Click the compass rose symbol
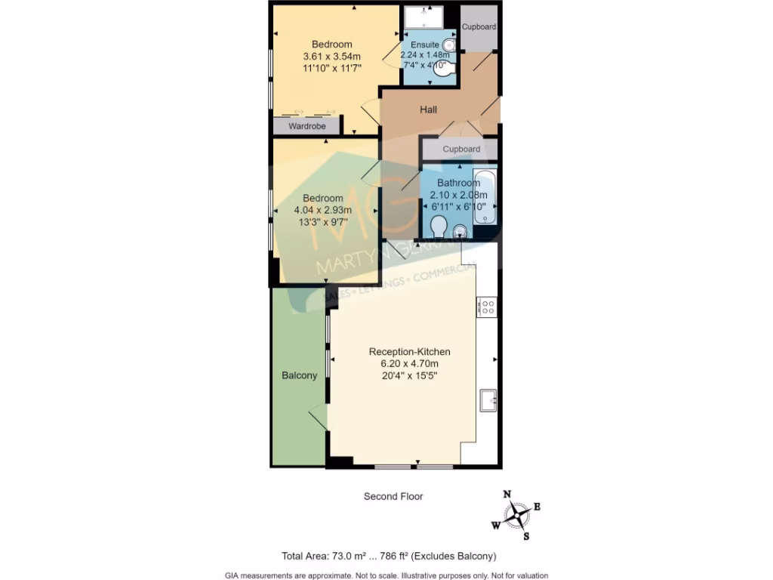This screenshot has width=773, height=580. pyautogui.click(x=516, y=516)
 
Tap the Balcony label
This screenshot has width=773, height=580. pyautogui.click(x=300, y=375)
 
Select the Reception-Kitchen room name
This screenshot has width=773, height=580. pyautogui.click(x=409, y=351)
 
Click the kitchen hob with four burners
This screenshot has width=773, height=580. pyautogui.click(x=487, y=307)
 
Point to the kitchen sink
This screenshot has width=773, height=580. pyautogui.click(x=488, y=400)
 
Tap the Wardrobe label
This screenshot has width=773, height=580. pyautogui.click(x=307, y=126)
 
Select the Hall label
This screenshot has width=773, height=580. pyautogui.click(x=429, y=110)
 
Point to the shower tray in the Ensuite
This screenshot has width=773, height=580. pyautogui.click(x=423, y=17)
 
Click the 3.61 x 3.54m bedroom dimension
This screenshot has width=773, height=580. pyautogui.click(x=331, y=57)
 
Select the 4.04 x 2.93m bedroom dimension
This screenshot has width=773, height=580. pyautogui.click(x=323, y=211)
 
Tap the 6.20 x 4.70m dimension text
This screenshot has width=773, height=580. pyautogui.click(x=409, y=363)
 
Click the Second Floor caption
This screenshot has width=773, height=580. pyautogui.click(x=393, y=496)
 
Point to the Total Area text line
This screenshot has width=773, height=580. pyautogui.click(x=389, y=557)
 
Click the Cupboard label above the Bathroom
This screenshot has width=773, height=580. pyautogui.click(x=460, y=149)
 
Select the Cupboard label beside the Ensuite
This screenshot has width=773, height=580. pyautogui.click(x=479, y=27)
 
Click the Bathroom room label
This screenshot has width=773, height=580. pyautogui.click(x=458, y=183)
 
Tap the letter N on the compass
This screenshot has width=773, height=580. pyautogui.click(x=507, y=494)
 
